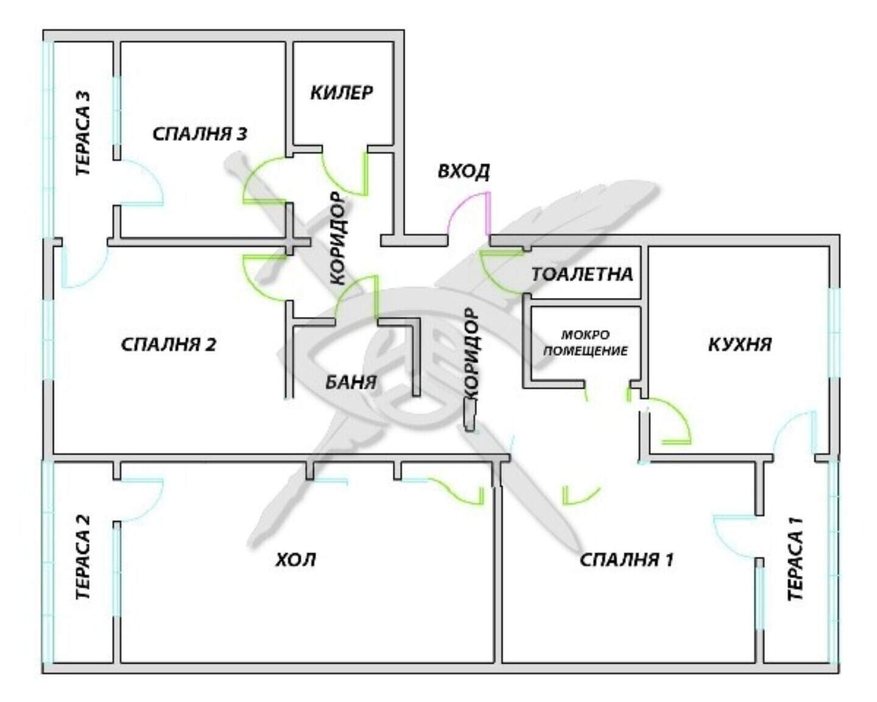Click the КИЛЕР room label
342,93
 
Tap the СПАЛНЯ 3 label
200,134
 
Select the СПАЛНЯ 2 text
168,345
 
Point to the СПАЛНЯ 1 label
626,559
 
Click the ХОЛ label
296,559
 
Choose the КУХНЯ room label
739,345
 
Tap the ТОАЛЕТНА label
582,274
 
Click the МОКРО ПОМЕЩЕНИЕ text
585,342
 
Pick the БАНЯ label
351,383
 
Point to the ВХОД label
463,171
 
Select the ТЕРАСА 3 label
83,133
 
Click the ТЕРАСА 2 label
83,557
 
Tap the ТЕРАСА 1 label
795,559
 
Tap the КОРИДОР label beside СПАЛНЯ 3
338,239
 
